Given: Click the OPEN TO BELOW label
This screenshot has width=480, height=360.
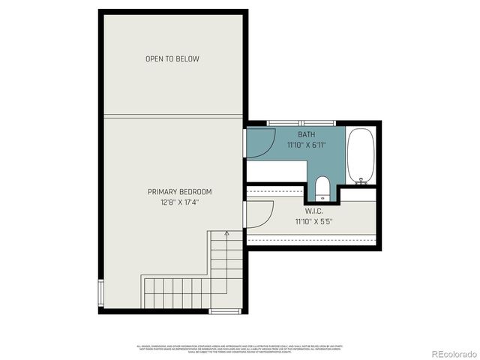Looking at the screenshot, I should (172, 58).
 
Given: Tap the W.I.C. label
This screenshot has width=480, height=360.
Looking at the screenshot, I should (313, 211).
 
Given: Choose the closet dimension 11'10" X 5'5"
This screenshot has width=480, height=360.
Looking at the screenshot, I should (313, 222).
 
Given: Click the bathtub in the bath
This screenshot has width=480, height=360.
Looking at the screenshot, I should (361, 156).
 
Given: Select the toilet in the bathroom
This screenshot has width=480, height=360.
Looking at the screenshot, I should (321, 185).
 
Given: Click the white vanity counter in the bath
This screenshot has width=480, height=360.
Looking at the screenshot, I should (276, 171).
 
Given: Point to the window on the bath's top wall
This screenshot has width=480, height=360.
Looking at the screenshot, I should (296, 122).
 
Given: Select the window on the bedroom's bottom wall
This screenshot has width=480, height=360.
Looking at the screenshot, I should (224, 310).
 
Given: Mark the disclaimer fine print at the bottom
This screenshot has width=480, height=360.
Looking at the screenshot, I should (240, 349).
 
